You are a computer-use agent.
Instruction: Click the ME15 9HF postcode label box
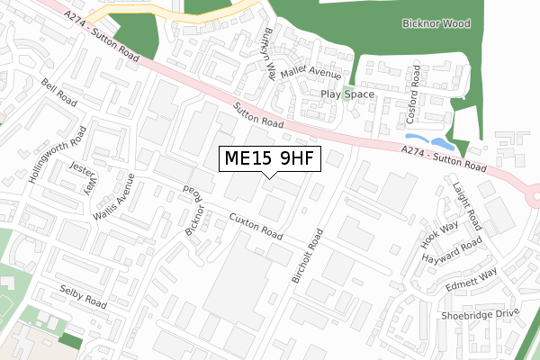(270, 159)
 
